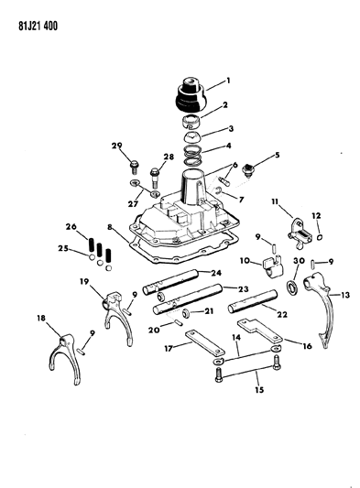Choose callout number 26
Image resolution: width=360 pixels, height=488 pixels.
click(x=70, y=228)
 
